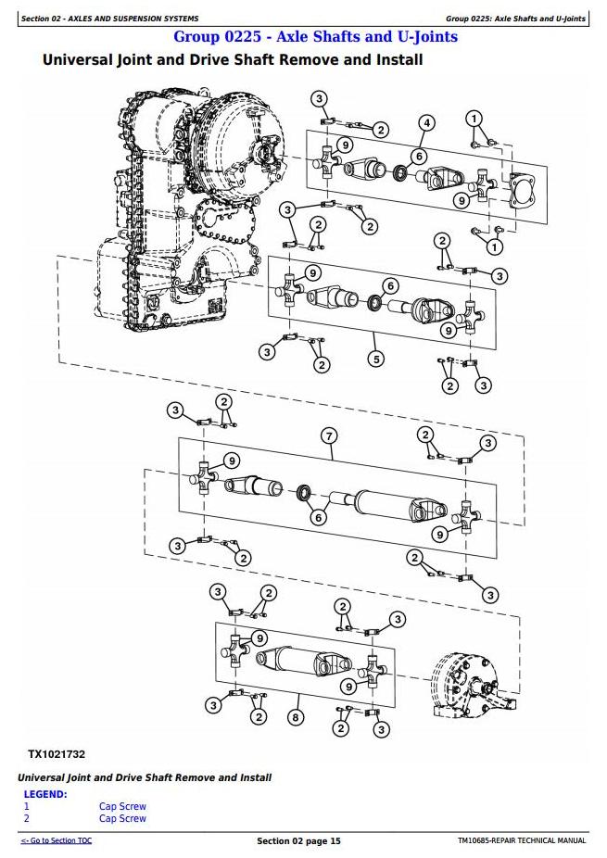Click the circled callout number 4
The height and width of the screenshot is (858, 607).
pos(426,122)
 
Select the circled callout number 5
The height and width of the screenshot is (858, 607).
pos(376,359)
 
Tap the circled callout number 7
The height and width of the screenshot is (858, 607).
pos(329,436)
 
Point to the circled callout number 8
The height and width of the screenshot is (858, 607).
pos(296,717)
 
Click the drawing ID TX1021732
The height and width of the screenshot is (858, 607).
pos(57,754)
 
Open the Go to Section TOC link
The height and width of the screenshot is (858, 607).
pos(57,840)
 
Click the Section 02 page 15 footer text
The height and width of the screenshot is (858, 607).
pos(298,841)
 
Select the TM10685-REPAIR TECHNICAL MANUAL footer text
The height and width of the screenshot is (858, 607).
pos(522,840)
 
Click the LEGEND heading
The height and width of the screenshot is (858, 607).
pos(45,794)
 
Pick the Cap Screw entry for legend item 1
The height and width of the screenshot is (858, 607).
pos(122,806)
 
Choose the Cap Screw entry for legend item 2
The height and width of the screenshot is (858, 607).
pos(122,818)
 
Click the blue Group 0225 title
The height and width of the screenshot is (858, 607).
pos(316,37)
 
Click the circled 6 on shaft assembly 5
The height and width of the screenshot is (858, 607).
pos(390,285)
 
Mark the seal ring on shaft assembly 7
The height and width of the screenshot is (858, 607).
pos(304,493)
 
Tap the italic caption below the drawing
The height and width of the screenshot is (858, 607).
pos(145,777)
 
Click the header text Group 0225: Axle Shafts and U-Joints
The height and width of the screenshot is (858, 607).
pos(515,19)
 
